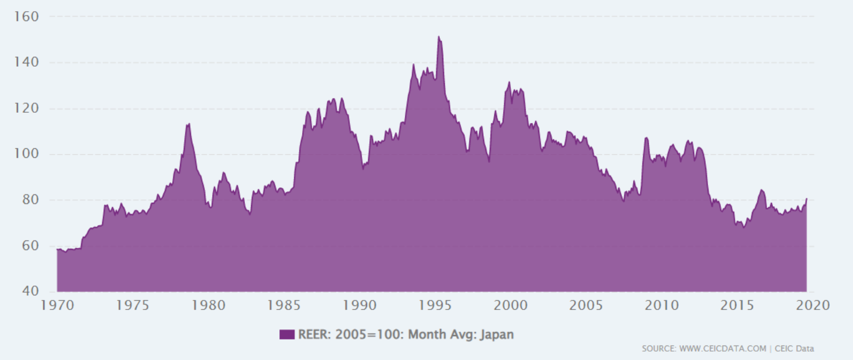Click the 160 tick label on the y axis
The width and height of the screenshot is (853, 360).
pos(27,17)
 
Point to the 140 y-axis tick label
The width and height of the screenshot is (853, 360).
pos(27,63)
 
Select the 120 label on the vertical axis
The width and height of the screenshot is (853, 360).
pos(27,108)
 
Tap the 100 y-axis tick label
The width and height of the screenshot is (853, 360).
pos(27,154)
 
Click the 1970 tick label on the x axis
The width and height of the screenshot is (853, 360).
pos(57,305)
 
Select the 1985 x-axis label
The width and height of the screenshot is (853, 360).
pos(284,305)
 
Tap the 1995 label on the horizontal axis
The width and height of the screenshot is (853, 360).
pos(435,305)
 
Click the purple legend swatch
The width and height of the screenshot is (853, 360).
pos(287,334)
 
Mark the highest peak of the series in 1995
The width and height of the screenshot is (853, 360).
pos(439,37)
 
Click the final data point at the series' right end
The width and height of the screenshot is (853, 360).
pos(806,198)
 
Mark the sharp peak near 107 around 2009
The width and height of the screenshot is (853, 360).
pos(646,137)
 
